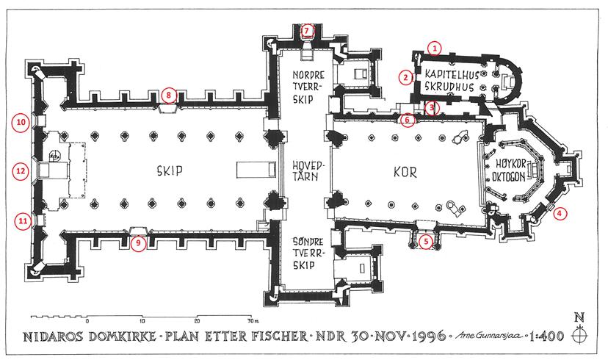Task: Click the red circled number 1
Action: click(435, 48)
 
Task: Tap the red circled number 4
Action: click(560, 215)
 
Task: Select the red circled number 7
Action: click(308, 31)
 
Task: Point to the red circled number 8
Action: click(169, 94)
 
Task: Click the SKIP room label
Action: click(169, 171)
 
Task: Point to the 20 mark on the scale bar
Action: click(197, 321)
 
